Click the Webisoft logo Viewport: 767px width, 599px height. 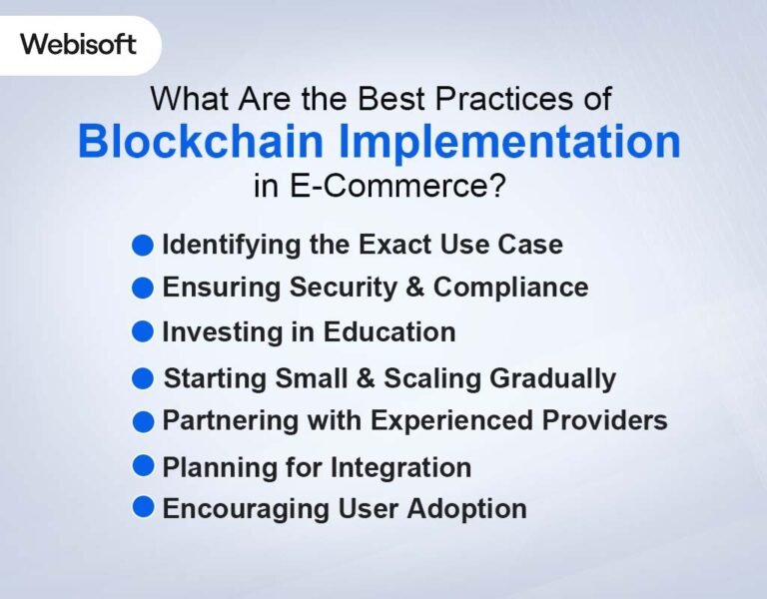tap(78, 45)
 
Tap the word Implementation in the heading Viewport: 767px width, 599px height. tap(508, 143)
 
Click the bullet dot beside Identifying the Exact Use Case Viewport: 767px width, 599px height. tap(144, 245)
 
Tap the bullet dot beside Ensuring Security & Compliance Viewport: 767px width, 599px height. tap(144, 288)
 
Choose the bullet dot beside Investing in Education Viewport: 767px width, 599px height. tap(144, 331)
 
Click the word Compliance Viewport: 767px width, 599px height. tap(510, 288)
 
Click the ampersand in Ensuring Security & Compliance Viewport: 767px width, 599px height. tap(412, 288)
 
